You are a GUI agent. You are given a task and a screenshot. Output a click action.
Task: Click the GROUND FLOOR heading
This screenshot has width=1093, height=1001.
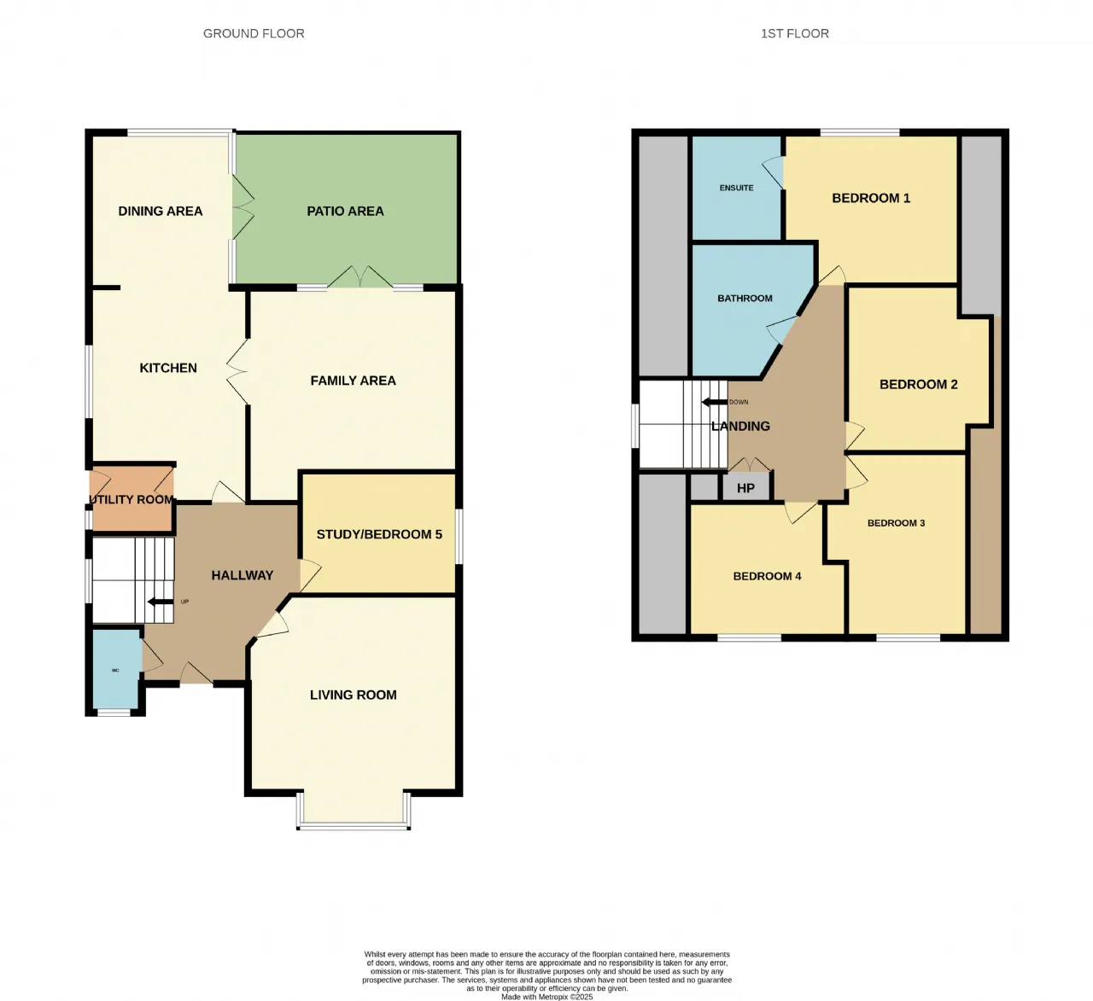point(254,34)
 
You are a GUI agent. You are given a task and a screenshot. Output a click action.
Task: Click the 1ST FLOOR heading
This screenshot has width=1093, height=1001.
point(794,34)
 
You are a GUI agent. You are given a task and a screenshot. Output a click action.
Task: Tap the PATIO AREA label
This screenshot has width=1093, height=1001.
point(345,212)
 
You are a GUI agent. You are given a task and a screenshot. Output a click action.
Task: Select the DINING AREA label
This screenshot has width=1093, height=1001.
point(161,212)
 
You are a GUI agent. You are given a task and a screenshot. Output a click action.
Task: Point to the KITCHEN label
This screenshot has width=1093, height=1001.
point(168,368)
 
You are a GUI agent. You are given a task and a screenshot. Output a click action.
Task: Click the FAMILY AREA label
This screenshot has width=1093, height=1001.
point(353,381)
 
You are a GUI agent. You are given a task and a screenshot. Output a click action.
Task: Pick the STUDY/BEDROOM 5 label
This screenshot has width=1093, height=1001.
point(379,534)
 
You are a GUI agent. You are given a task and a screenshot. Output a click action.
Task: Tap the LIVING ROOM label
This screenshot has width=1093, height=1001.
point(353,695)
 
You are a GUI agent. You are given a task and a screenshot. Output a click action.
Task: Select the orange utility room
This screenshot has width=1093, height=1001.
point(132,499)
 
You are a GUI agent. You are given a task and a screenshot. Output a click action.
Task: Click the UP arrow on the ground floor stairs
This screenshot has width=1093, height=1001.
point(161,602)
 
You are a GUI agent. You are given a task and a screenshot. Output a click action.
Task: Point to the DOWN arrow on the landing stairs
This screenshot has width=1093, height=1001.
point(715,402)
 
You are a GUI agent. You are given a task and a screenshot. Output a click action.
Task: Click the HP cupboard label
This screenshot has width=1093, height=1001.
point(745,488)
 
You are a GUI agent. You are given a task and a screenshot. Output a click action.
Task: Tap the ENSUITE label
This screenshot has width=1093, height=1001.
point(736,188)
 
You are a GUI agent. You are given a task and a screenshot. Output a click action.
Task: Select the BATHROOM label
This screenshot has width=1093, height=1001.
point(745,299)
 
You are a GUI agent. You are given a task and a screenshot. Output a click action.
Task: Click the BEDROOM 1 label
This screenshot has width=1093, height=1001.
point(871,198)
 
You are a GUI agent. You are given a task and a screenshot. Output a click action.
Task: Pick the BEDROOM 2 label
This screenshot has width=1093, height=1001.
point(918,385)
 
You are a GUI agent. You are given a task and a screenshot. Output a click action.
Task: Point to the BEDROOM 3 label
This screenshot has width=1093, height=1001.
point(896,523)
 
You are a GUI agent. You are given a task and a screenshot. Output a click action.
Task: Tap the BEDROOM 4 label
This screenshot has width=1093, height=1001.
point(767,576)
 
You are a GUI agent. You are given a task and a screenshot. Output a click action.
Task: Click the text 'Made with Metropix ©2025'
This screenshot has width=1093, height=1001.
point(546,997)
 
